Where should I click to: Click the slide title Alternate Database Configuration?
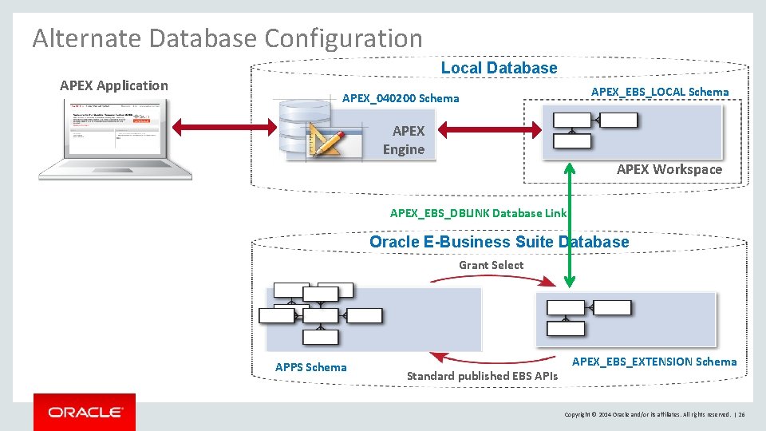tap(227, 38)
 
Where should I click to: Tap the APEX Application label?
tap(114, 85)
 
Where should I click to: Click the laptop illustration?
tap(116, 140)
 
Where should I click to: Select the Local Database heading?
tap(499, 68)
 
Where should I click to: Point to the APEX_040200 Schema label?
tap(401, 98)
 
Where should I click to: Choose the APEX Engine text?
tap(405, 140)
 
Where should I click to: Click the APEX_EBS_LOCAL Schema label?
tap(660, 92)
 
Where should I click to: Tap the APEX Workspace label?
tap(669, 169)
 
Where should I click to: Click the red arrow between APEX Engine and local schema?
tap(488, 128)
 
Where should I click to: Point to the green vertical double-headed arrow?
tap(570, 223)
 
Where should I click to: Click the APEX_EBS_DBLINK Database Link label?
tap(478, 213)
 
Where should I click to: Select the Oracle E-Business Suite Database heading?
tap(499, 242)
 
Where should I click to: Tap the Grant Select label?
tap(491, 265)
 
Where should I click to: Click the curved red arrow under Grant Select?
tap(492, 279)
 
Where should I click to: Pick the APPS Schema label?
tap(310, 367)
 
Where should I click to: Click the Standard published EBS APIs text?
tap(482, 376)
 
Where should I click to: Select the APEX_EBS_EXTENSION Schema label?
tap(654, 362)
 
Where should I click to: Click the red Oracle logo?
tap(85, 412)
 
